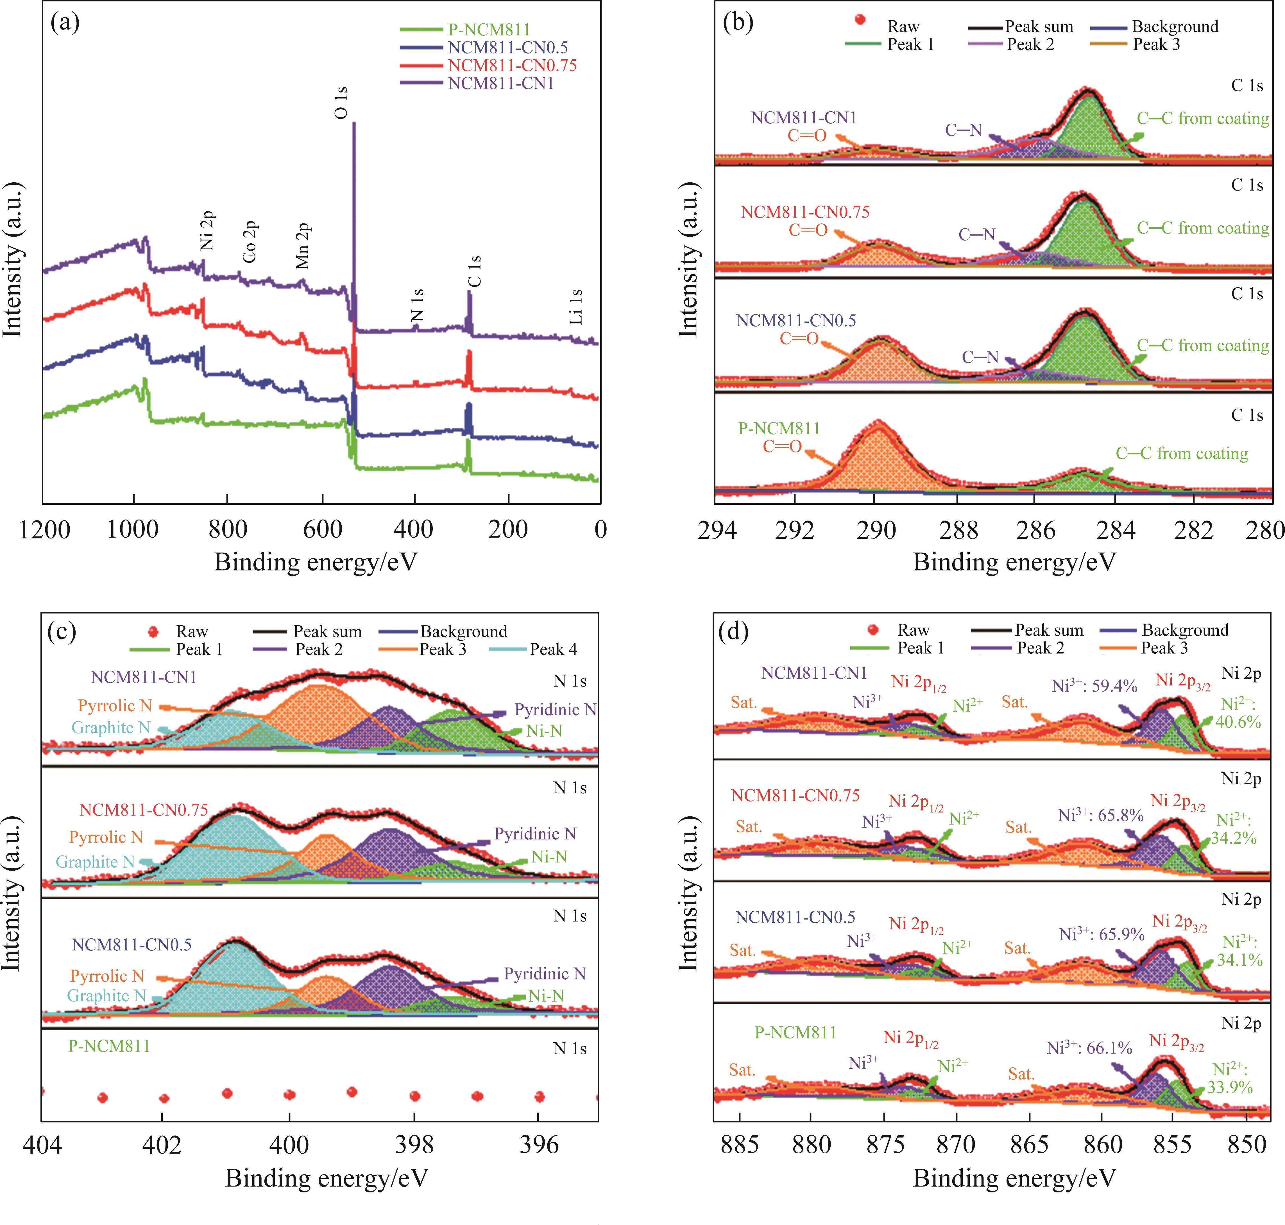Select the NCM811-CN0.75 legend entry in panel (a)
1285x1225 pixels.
click(x=512, y=65)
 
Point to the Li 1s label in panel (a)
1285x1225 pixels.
click(x=575, y=307)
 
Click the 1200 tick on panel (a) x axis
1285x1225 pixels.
click(x=44, y=529)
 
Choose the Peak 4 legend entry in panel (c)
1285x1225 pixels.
click(x=553, y=649)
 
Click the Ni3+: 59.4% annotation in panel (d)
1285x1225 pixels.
click(x=1094, y=686)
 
